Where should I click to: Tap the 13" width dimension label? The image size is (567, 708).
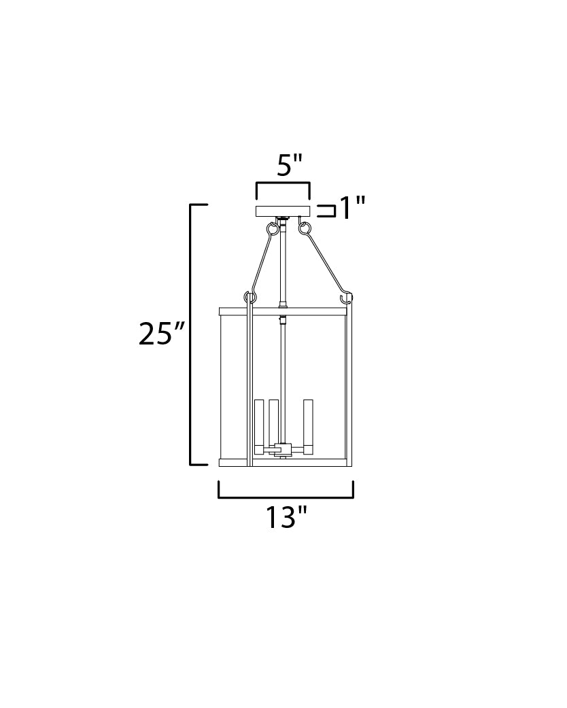[x=286, y=518]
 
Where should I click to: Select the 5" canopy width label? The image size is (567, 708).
[x=289, y=166]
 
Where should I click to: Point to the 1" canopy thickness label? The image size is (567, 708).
[x=352, y=208]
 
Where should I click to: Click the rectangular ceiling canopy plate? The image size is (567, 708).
[x=282, y=211]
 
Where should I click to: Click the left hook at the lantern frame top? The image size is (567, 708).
[x=248, y=297]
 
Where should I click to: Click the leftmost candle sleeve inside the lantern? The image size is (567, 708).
[x=258, y=423]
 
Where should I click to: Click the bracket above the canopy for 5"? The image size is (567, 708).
[x=282, y=184]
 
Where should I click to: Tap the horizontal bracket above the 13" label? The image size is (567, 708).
[x=286, y=495]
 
